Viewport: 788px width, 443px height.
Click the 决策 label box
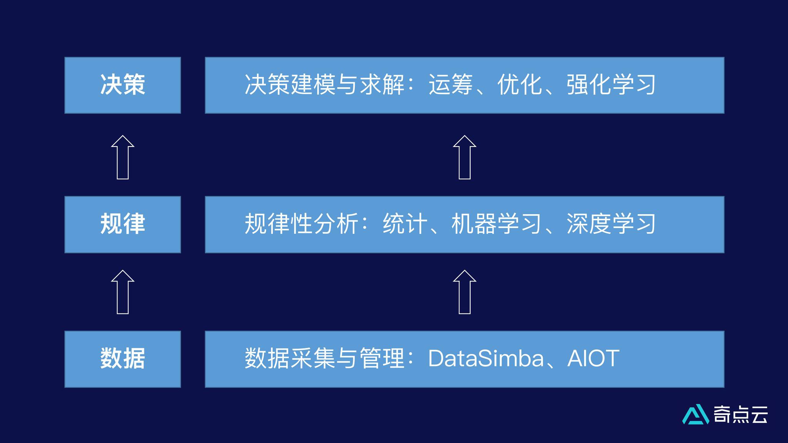click(122, 85)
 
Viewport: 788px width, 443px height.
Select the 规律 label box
click(122, 224)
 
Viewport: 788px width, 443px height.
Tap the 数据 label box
click(122, 359)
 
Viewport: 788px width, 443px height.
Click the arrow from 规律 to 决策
click(122, 157)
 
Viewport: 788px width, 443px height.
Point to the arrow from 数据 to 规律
click(122, 292)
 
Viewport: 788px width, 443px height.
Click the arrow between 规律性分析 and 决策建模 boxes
click(464, 157)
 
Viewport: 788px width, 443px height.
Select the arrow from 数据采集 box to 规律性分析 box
click(464, 292)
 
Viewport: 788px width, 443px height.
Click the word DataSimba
click(486, 358)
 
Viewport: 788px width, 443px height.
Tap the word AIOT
click(593, 358)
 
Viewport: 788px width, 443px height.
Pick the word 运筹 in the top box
click(451, 85)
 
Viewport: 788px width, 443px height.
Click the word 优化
click(519, 85)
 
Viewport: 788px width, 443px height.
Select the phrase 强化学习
click(611, 85)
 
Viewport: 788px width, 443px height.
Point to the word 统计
click(405, 224)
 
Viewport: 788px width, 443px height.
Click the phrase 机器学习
click(496, 224)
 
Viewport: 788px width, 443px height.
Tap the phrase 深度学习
click(611, 224)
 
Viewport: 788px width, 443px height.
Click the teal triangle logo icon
click(696, 415)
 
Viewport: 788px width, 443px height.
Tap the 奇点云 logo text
click(741, 415)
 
